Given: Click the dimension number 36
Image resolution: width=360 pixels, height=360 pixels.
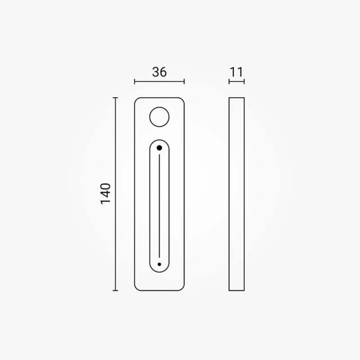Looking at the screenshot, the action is (160, 72).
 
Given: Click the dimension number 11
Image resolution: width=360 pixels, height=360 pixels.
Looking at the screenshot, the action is (236, 72).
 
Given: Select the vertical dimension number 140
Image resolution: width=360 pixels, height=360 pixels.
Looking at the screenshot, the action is (106, 194).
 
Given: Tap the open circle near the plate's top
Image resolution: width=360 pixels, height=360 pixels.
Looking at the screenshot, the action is (160, 107).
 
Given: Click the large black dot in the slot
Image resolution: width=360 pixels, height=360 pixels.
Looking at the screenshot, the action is (160, 148).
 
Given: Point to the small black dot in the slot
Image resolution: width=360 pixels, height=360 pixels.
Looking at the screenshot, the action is (160, 264).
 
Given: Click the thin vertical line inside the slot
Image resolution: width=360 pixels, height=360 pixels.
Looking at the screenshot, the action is (160, 206).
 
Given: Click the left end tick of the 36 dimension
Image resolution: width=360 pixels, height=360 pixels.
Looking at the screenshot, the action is (135, 82).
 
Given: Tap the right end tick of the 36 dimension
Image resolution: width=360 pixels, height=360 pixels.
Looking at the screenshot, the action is (184, 82).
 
